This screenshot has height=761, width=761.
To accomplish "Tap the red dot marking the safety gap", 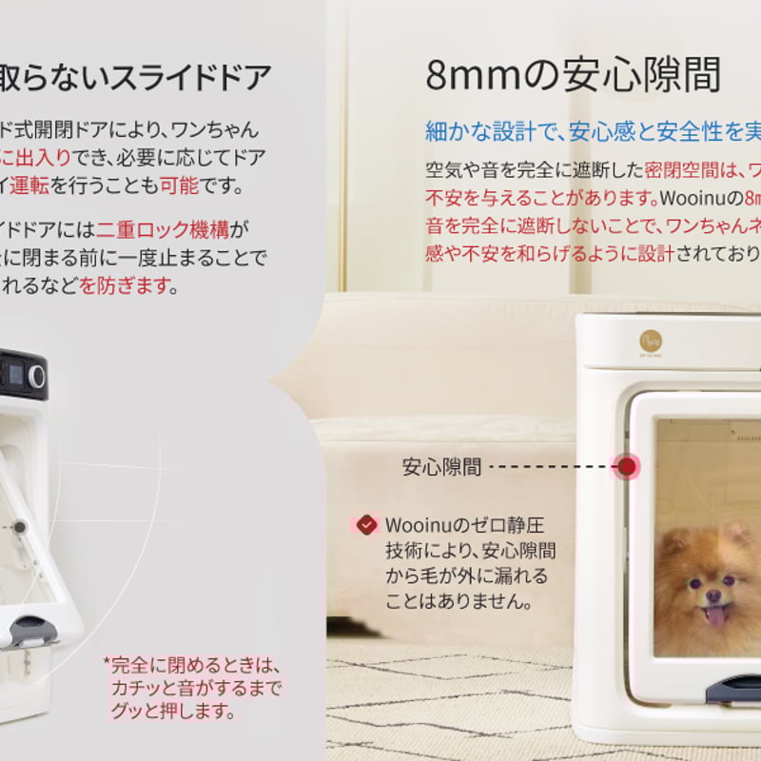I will (627, 466).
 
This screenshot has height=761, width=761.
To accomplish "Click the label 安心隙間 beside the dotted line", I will (441, 467).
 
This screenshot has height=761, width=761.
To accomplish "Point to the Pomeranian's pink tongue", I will (716, 615).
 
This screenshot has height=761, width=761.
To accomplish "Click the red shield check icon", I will (367, 524).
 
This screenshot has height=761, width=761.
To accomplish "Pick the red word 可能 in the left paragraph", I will (180, 185).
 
